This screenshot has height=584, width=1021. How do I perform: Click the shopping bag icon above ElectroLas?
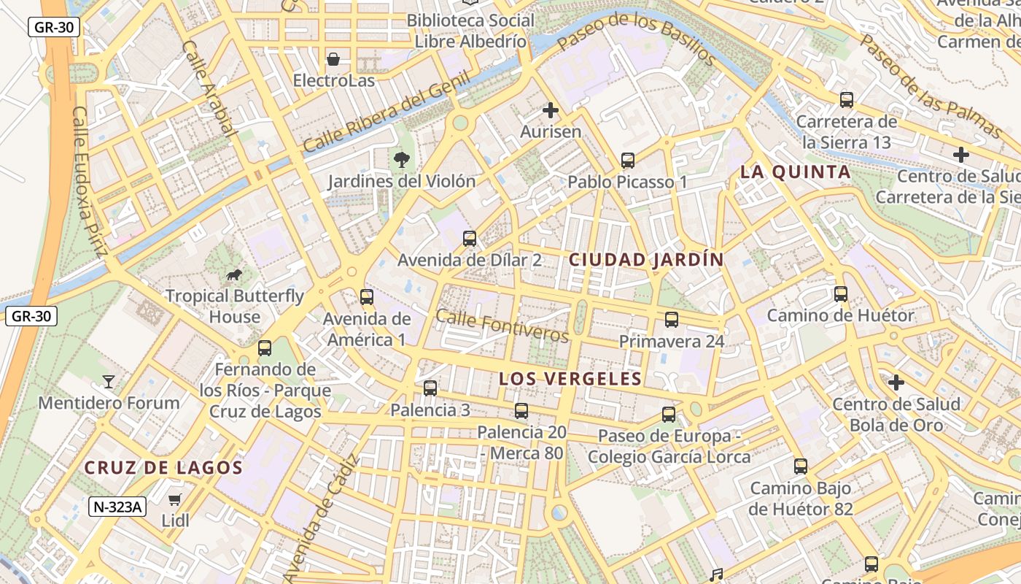[x=333, y=59]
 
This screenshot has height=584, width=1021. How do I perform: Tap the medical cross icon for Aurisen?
[x=551, y=110]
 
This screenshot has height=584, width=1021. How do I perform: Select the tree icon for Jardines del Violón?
[x=400, y=159]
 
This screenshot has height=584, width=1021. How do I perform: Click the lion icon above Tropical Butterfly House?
[x=234, y=274]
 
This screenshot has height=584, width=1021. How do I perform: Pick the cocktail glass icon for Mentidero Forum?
[x=109, y=381]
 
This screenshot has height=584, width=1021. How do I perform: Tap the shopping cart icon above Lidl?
[x=175, y=500]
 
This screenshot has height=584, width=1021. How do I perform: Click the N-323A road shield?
[x=117, y=507]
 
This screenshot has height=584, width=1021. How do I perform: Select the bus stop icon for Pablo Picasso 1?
[x=627, y=161]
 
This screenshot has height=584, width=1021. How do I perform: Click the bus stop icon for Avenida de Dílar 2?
[x=470, y=239]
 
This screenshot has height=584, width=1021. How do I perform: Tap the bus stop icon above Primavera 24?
[x=671, y=320]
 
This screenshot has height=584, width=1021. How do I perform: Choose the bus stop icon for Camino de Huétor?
[x=840, y=294]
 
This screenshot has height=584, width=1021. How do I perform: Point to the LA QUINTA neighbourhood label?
[x=795, y=172]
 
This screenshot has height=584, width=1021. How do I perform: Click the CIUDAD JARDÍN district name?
[x=646, y=260]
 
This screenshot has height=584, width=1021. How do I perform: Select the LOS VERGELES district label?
[x=570, y=379]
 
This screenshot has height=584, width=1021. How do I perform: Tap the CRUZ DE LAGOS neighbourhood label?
[x=163, y=468]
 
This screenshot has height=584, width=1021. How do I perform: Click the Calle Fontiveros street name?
[x=502, y=325]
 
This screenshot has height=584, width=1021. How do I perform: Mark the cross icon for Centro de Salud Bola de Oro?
[x=896, y=383]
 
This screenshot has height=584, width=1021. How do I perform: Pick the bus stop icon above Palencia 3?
[x=430, y=388]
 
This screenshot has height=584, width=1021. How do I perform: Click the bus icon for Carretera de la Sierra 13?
[x=846, y=100]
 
